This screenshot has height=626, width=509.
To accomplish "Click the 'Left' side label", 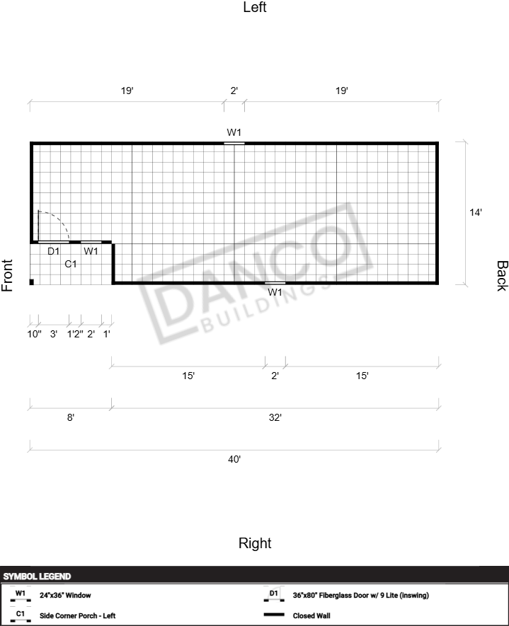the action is tap(255, 7).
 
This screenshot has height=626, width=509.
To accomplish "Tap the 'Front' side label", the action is tap(7, 275).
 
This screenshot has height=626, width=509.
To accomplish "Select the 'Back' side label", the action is tap(502, 276).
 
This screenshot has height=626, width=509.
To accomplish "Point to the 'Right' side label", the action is tap(255, 543).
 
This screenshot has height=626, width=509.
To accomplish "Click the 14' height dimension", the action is tap(476, 212).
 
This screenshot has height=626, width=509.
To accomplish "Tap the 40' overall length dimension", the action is tap(234, 460).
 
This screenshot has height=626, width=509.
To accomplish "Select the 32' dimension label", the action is tap(275, 417).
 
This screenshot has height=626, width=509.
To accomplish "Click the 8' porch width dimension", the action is tap(70, 417).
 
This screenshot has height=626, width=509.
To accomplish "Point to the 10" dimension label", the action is tap(34, 334).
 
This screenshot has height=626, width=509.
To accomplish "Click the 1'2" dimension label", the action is tap(75, 334).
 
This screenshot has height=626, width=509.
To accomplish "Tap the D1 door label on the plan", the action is tap(54, 251).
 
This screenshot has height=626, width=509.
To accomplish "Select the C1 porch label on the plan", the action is tap(71, 264).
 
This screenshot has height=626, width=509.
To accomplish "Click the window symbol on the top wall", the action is tap(234, 143).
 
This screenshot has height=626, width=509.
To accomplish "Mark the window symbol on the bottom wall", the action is tap(275, 283).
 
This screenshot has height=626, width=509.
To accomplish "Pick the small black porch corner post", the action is tap(32, 282).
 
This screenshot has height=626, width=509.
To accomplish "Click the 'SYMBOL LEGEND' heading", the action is tap(37, 576).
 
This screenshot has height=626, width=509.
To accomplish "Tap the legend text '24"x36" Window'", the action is tap(65, 596).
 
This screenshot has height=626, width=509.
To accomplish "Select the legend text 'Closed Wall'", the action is tap(311, 615).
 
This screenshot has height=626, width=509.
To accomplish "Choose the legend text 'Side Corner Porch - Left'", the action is tap(77, 615).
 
